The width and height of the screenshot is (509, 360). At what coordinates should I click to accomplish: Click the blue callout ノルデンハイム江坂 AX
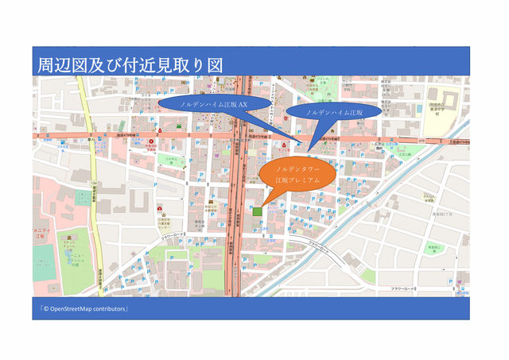[213, 104]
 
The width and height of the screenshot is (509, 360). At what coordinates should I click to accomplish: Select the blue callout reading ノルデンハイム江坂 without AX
[333, 114]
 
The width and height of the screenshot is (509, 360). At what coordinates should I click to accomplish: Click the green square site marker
[256, 211]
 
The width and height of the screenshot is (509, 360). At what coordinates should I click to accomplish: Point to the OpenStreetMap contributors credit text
[84, 308]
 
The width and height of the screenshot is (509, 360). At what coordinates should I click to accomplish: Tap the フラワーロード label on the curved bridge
[318, 243]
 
